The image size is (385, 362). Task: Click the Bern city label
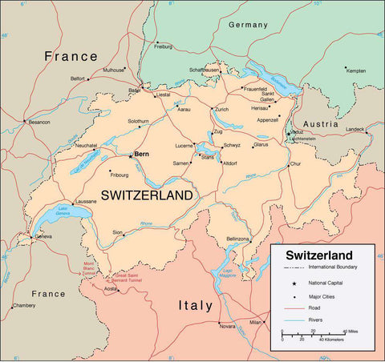coord(142,153)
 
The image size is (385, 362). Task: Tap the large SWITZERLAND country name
coord(147,195)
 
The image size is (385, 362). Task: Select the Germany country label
coord(248,25)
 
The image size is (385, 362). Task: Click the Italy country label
coord(195,305)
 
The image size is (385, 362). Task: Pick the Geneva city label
coord(43,237)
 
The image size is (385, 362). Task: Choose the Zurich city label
coord(222,109)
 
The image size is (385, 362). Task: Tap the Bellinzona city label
coord(238,239)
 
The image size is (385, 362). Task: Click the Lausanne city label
coord(85,200)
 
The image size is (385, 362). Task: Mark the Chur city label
coord(295,163)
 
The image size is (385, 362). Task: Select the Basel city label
coord(134,90)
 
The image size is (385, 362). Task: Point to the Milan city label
coord(255,322)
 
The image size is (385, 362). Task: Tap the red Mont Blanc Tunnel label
coord(89,268)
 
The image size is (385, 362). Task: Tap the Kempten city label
coord(355,70)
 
